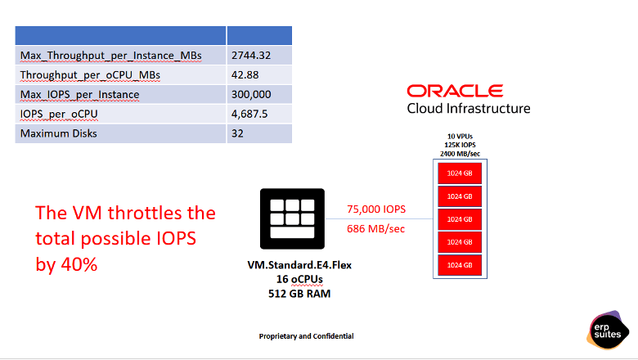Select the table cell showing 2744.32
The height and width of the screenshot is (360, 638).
[x=251, y=55]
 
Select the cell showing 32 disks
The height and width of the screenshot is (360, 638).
[x=238, y=133]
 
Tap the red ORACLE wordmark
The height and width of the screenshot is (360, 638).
[x=455, y=91]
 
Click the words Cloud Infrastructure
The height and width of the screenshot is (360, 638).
[x=468, y=108]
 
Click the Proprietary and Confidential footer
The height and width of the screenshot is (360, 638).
[x=306, y=336]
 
